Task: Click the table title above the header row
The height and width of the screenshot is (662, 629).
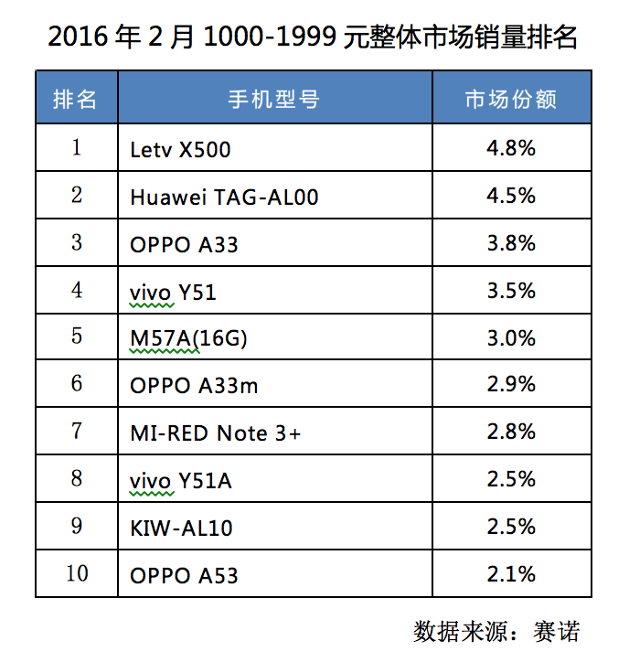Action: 313,37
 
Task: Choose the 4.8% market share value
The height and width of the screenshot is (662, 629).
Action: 511,148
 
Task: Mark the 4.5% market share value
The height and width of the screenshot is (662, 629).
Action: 511,196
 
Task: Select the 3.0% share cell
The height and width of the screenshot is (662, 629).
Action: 511,338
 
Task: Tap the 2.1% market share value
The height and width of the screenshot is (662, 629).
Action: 511,575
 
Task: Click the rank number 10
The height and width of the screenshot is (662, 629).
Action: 77,574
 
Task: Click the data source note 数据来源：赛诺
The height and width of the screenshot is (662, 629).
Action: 496,631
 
